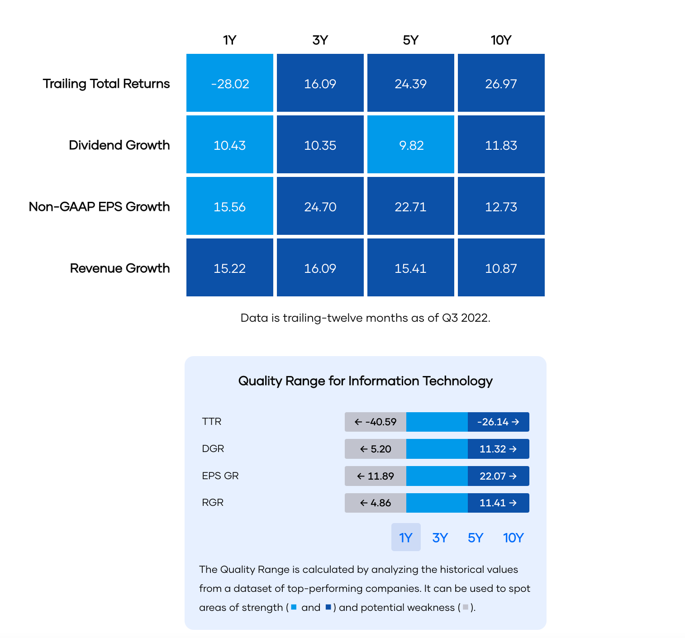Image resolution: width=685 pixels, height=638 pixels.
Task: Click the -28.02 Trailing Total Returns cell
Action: pos(230,83)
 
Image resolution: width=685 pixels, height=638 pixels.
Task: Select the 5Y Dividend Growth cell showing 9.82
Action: pos(411,145)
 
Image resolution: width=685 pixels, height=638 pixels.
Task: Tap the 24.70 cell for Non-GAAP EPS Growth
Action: pos(320,206)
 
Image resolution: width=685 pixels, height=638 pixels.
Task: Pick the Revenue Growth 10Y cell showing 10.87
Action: pos(501,268)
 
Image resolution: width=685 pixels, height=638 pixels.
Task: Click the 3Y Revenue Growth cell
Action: pos(320,268)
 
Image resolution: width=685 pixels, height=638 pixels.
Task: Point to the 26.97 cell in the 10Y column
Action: pos(501,83)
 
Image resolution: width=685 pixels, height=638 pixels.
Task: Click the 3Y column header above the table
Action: pos(320,40)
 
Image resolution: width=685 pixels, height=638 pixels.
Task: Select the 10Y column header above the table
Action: pos(501,40)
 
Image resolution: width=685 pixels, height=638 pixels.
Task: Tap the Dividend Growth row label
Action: pos(119,145)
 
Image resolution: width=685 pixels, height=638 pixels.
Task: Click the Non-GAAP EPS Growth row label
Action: pos(100,207)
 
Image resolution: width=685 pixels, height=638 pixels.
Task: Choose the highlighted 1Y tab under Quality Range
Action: pos(406,537)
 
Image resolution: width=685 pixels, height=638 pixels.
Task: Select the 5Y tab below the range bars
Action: pos(476,538)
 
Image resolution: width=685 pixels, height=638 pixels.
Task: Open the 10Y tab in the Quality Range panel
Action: pos(513,538)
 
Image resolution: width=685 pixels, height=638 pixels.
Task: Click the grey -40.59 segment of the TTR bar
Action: pos(376,422)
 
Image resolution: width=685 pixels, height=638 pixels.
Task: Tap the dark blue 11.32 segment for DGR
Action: pos(498,449)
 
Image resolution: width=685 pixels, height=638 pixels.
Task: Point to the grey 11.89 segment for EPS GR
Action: pos(376,476)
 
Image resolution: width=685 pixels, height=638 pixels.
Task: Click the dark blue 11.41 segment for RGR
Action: pos(498,503)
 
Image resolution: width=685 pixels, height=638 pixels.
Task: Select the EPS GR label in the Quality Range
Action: pos(220,476)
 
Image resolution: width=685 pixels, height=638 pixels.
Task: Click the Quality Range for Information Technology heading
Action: pos(365,381)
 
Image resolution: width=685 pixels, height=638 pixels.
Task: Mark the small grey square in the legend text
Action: pos(466,607)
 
